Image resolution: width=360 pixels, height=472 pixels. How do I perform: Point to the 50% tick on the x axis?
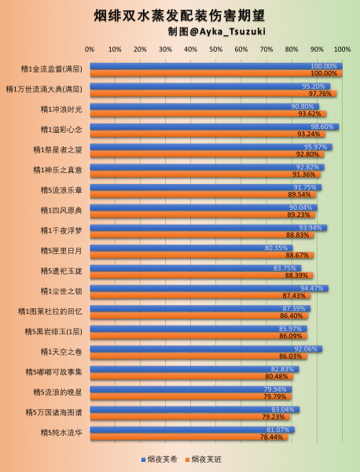click(216, 50)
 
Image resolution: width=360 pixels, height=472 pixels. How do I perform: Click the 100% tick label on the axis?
click(343, 50)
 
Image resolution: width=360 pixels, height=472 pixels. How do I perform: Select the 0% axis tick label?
click(90, 50)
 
